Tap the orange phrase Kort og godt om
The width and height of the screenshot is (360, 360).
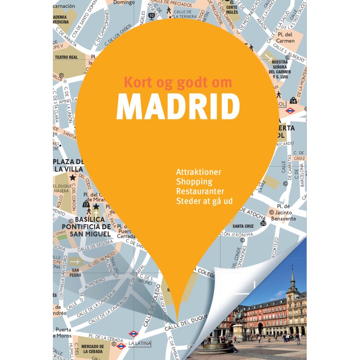pyautogui.click(x=178, y=82)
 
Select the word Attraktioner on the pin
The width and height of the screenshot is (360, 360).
pyautogui.click(x=198, y=172)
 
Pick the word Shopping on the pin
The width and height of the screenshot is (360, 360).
pyautogui.click(x=194, y=182)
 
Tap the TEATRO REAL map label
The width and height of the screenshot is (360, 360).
pyautogui.click(x=67, y=57)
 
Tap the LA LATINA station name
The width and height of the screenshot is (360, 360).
pyautogui.click(x=139, y=343)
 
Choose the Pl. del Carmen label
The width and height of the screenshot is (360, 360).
pyautogui.click(x=286, y=38)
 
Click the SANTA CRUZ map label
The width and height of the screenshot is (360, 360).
pyautogui.click(x=243, y=226)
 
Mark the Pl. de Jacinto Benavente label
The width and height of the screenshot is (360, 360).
pyautogui.click(x=283, y=215)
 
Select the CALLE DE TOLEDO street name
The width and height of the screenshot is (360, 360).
pyautogui.click(x=156, y=301)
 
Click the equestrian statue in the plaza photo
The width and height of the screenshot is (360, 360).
pyautogui.click(x=237, y=315)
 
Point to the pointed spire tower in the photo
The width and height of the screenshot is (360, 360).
pyautogui.click(x=292, y=278)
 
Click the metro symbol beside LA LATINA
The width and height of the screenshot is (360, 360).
pyautogui.click(x=133, y=334)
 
